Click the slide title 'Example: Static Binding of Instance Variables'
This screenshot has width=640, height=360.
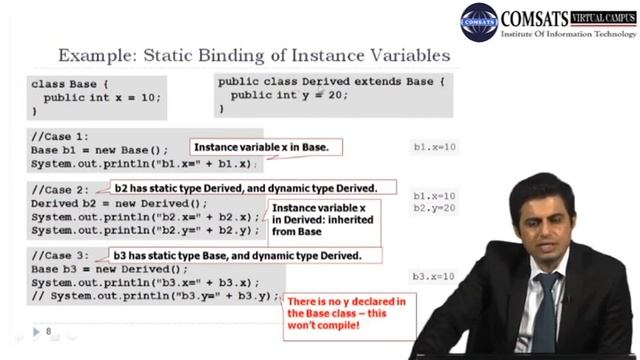[x=254, y=55]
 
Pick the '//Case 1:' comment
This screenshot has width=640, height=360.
[x=59, y=135]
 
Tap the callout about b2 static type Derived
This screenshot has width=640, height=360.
[x=244, y=188]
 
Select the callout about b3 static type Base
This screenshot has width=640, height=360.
[x=236, y=256]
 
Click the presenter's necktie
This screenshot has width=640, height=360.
[x=544, y=310]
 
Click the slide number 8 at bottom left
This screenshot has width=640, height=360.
[x=47, y=331]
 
